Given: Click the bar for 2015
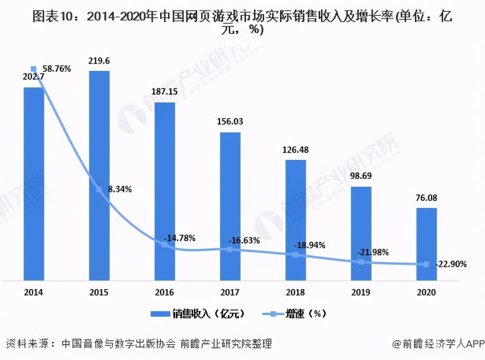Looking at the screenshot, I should (x=99, y=176).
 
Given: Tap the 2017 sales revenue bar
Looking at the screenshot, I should (x=230, y=206).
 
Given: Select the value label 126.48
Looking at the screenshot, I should (x=295, y=149).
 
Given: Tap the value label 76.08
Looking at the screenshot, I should (x=426, y=197).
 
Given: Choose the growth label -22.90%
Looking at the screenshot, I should (x=449, y=265).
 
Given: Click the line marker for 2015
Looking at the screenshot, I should (x=99, y=190).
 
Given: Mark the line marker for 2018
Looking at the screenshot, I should (x=295, y=255).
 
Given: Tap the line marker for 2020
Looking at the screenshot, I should (x=426, y=264).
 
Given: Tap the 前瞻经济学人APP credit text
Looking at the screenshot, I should (x=436, y=344).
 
